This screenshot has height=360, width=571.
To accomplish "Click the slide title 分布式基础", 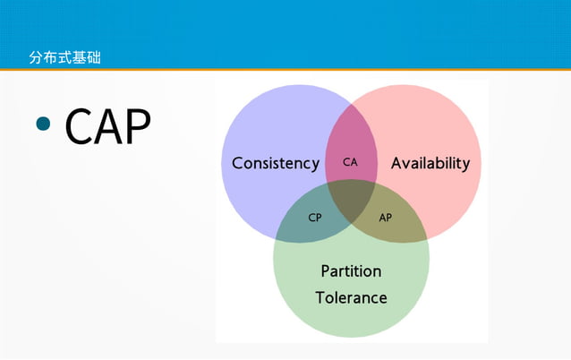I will [64, 58].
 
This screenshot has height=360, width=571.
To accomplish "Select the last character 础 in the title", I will [94, 58].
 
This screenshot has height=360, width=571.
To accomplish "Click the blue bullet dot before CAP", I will [44, 124].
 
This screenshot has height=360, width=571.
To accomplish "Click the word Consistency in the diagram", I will [275, 164].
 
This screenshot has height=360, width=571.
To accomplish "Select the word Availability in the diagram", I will [430, 164].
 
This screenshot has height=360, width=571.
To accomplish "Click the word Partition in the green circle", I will [351, 271].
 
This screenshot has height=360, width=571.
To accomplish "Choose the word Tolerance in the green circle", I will [351, 297].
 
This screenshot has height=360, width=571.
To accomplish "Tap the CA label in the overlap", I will [350, 163].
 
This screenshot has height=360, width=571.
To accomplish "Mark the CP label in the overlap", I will [315, 218].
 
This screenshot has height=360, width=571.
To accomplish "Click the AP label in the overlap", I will [385, 218].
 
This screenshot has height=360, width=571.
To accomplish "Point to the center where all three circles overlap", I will [351, 199].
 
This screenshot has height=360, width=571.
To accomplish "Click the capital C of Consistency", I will [237, 164].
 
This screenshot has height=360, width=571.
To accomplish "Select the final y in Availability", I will [464, 166].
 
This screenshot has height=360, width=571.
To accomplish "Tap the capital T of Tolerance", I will [320, 297].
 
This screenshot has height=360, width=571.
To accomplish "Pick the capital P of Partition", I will [326, 271].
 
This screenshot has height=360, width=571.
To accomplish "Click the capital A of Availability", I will [396, 164].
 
